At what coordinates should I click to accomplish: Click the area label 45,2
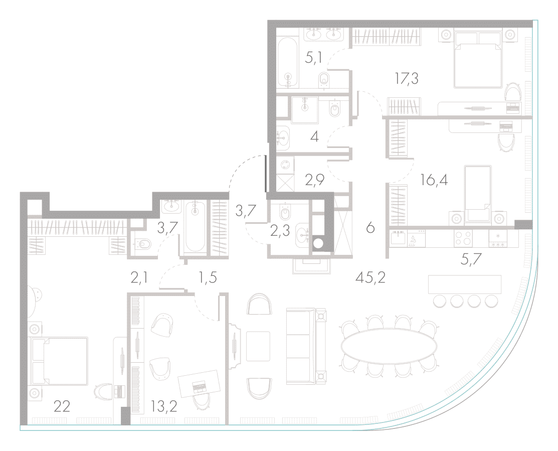(x=370, y=276)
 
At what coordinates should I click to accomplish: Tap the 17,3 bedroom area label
(x=407, y=78)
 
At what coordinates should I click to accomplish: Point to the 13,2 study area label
(x=164, y=406)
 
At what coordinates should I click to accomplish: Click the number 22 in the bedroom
(x=62, y=406)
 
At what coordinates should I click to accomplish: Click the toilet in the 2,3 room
(x=285, y=213)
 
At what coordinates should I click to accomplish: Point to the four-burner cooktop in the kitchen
(x=463, y=238)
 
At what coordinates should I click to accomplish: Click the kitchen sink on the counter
(x=398, y=238)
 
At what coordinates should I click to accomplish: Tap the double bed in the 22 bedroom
(x=59, y=361)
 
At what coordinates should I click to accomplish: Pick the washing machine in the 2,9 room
(x=286, y=165)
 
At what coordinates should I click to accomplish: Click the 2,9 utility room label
(x=314, y=180)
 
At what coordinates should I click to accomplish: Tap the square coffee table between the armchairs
(x=258, y=346)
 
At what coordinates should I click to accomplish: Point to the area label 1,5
(x=208, y=277)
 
